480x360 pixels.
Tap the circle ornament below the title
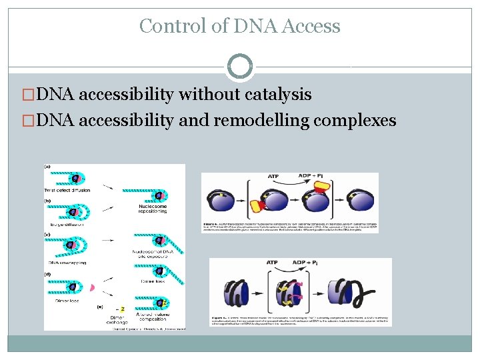pyautogui.click(x=240, y=67)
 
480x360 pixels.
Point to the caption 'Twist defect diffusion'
pyautogui.click(x=70, y=190)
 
